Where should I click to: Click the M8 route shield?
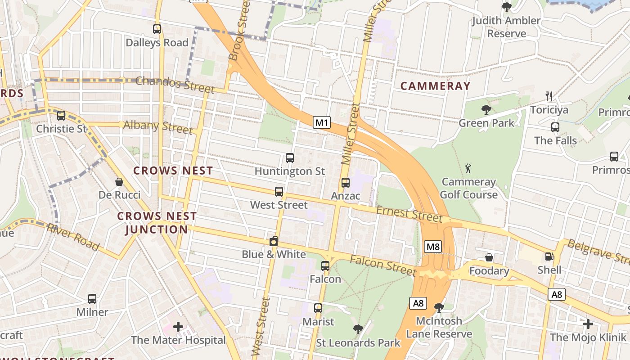[x=433, y=247]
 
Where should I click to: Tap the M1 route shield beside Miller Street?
[x=322, y=122]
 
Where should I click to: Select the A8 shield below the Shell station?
[x=557, y=294]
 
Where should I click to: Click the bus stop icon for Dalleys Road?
[x=157, y=29]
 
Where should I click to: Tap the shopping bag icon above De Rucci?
[x=119, y=182]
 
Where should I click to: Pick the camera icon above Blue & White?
[x=273, y=242]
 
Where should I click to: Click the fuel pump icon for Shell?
[x=549, y=256]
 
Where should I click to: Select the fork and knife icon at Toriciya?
[x=549, y=96]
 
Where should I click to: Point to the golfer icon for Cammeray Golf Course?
[x=468, y=169]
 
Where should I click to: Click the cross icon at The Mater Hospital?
[x=178, y=326]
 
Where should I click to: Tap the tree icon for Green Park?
[x=486, y=109]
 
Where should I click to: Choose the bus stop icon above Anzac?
[x=345, y=183]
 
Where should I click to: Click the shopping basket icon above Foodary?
[x=489, y=258]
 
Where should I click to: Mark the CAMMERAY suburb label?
[x=435, y=86]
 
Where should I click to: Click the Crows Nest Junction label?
[x=157, y=223]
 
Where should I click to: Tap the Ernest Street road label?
[x=409, y=214]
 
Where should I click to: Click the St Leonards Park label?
[x=358, y=343]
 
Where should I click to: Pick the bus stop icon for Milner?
[x=92, y=299]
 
